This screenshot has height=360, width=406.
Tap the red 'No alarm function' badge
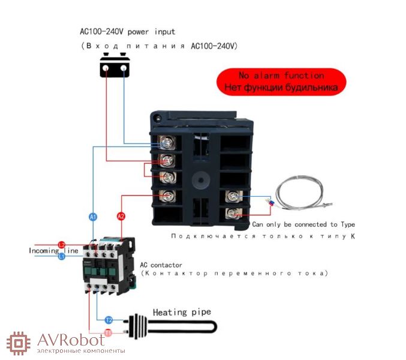pos(281,81)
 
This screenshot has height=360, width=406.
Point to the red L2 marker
pos(61,245)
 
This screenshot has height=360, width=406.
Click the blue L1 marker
pos(61,256)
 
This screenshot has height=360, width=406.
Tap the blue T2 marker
pos(109,320)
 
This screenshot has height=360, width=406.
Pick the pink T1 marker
pos(109,332)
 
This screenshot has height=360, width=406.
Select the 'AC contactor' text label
pos(161,265)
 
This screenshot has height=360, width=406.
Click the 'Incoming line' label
pos(53,250)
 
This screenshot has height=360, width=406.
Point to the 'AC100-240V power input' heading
pos(127,31)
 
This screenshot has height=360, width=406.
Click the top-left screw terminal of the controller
pos(167,143)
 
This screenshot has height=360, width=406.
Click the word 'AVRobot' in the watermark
pos(74,340)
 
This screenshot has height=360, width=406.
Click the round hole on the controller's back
pos(199,179)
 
